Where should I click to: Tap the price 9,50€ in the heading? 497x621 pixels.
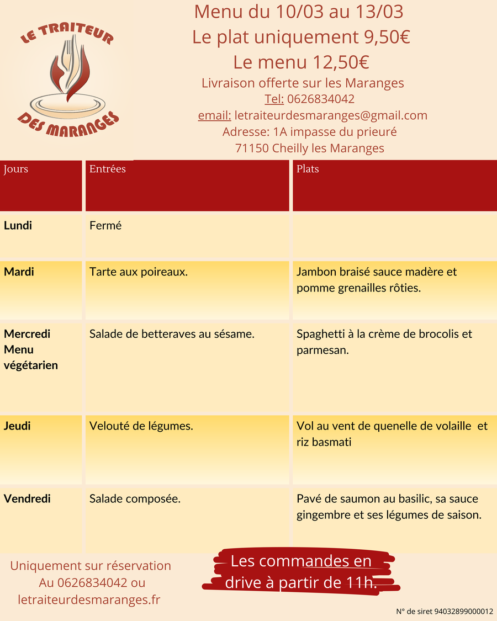386,37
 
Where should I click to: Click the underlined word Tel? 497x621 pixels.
274,99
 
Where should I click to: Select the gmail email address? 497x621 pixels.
331,116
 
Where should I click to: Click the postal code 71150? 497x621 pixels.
252,148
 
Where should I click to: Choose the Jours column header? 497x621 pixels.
16,169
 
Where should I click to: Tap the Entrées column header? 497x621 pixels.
108,169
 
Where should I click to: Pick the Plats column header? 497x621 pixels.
308,169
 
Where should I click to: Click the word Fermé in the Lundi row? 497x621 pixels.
105,226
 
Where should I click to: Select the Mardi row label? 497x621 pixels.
19,272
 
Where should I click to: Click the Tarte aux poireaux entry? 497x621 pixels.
139,272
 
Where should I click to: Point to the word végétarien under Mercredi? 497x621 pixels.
31,365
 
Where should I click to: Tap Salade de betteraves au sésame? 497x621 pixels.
172,334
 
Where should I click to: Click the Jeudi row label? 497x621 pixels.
17,426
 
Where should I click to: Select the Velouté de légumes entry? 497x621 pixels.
141,426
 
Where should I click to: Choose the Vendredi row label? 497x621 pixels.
27,499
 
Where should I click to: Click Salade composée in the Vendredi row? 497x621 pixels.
135,499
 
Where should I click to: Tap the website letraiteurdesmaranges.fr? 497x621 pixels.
89,599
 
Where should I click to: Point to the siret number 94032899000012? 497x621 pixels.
464,611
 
